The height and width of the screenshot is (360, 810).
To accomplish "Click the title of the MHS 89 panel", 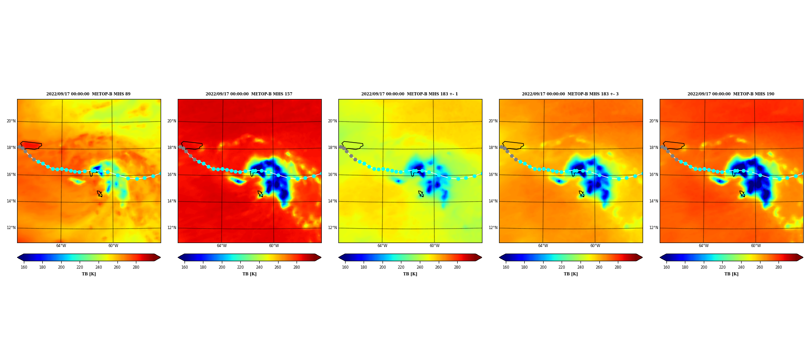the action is click(88, 94).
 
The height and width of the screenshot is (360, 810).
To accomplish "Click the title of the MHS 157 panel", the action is click(249, 94).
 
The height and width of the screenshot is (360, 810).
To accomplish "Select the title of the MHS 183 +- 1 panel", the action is click(409, 94).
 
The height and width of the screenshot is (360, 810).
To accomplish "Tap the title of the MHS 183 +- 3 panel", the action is click(570, 94).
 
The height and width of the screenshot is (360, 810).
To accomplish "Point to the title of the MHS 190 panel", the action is click(731, 94).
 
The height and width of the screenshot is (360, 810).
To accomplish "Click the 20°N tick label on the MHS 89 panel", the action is click(11, 121).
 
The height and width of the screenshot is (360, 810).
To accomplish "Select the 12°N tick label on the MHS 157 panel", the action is click(171, 228).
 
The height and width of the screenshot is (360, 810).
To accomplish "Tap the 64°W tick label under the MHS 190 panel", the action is click(703, 246).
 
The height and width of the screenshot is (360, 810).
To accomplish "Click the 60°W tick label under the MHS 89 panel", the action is click(113, 246).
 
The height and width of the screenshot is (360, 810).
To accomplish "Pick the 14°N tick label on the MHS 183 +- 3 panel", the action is click(493, 201).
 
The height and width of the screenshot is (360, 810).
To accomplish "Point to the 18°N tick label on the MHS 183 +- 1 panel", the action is click(332, 148).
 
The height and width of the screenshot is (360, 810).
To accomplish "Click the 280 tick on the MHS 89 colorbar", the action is click(136, 267).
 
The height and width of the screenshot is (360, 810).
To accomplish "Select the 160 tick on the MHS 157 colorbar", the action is click(184, 267).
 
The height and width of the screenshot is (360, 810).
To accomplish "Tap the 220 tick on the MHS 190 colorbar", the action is click(722, 267).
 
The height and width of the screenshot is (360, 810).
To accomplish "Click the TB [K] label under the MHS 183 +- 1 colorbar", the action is click(410, 274).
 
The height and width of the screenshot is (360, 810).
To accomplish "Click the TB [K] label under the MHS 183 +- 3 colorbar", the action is click(571, 274).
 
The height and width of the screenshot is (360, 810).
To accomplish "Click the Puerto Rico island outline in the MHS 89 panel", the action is click(31, 142).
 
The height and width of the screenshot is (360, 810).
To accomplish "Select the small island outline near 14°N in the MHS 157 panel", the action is click(260, 194).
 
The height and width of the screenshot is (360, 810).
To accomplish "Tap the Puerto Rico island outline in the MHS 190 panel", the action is click(674, 142).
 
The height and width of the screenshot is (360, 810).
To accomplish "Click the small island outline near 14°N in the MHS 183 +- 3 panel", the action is click(581, 194).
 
